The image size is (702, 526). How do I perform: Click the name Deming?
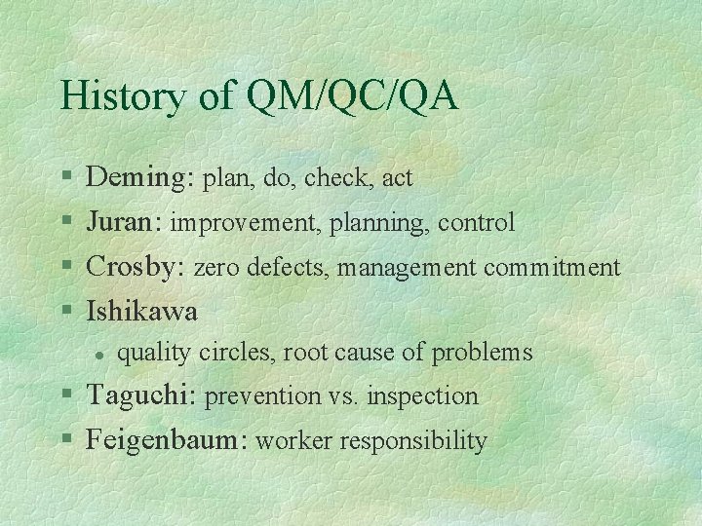[x=140, y=177]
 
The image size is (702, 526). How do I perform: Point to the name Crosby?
[x=136, y=267]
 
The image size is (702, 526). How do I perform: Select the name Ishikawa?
[x=142, y=311]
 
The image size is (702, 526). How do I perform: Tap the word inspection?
[x=423, y=396]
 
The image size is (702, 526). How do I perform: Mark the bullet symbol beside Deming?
[x=65, y=178]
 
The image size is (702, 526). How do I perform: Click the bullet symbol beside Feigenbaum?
[x=65, y=441]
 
